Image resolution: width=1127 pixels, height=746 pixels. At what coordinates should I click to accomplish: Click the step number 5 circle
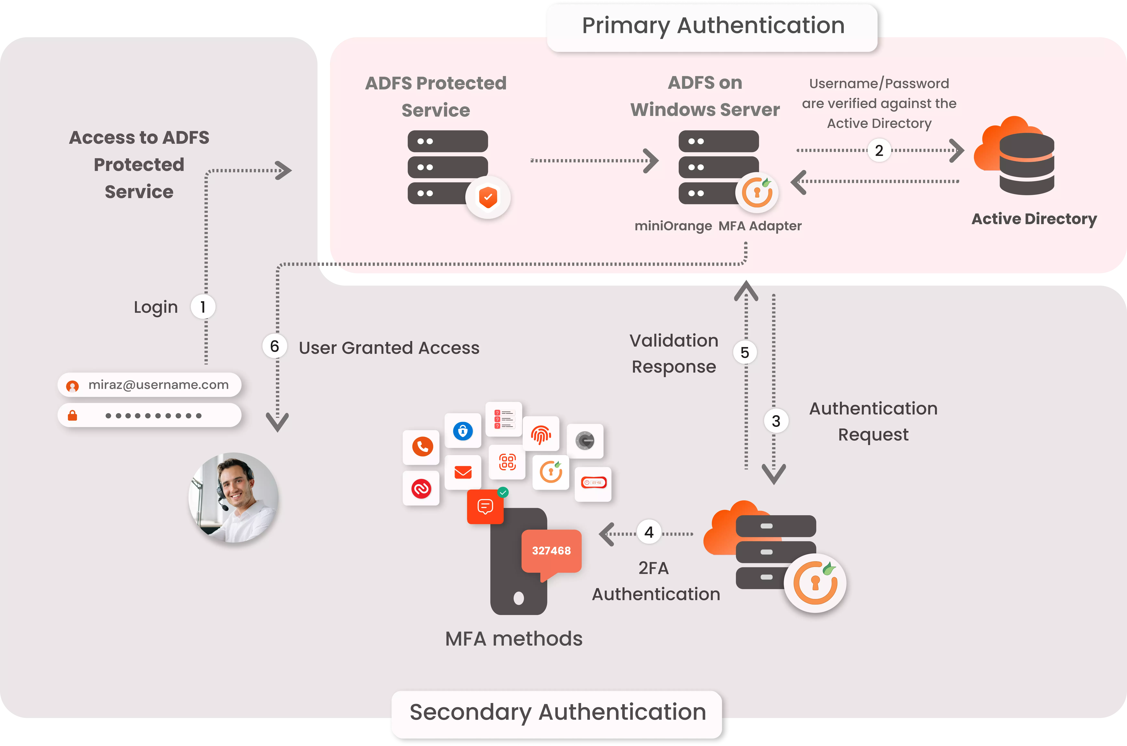[745, 353]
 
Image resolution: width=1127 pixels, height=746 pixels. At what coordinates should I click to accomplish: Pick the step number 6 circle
[274, 346]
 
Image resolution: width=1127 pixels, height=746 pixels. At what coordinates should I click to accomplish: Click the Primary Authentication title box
[712, 26]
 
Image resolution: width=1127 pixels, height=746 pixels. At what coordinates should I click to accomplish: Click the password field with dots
[149, 415]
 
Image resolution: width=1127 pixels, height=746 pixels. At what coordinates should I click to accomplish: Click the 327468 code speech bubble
[551, 551]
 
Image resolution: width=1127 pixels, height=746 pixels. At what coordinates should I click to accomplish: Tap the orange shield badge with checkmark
[488, 197]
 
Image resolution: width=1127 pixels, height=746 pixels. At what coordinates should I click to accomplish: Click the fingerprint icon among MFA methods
[541, 434]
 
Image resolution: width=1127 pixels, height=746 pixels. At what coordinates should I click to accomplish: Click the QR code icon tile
[507, 462]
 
